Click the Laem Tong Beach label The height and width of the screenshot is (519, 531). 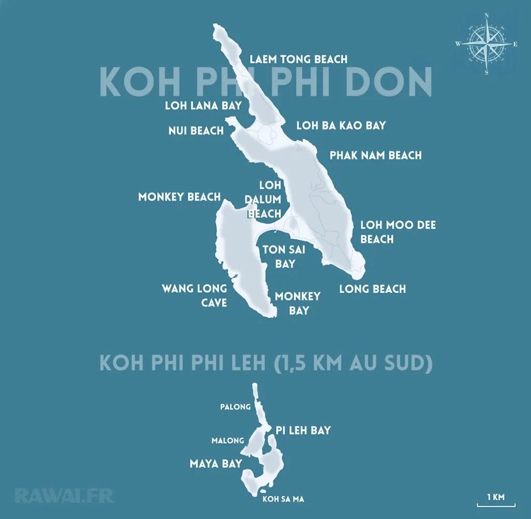click(298, 59)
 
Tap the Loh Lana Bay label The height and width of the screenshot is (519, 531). click(203, 106)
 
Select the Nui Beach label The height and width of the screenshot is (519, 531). click(196, 130)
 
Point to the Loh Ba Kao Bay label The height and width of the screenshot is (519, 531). click(341, 126)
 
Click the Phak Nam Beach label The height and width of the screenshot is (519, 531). click(375, 155)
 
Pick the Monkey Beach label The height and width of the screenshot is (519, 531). click(179, 197)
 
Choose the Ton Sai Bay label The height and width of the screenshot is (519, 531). click(285, 256)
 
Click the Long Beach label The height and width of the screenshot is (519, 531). click(372, 289)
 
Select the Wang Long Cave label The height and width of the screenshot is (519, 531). click(194, 295)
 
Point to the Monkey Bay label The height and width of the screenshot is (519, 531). click(298, 303)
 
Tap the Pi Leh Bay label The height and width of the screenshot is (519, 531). click(303, 430)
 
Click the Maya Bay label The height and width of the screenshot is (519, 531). click(216, 463)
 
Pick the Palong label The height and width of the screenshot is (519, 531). click(235, 407)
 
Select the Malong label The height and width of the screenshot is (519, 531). click(227, 441)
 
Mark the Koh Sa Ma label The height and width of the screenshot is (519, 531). click(283, 499)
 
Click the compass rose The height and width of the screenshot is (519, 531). click(486, 44)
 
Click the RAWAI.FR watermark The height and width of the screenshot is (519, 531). click(64, 496)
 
